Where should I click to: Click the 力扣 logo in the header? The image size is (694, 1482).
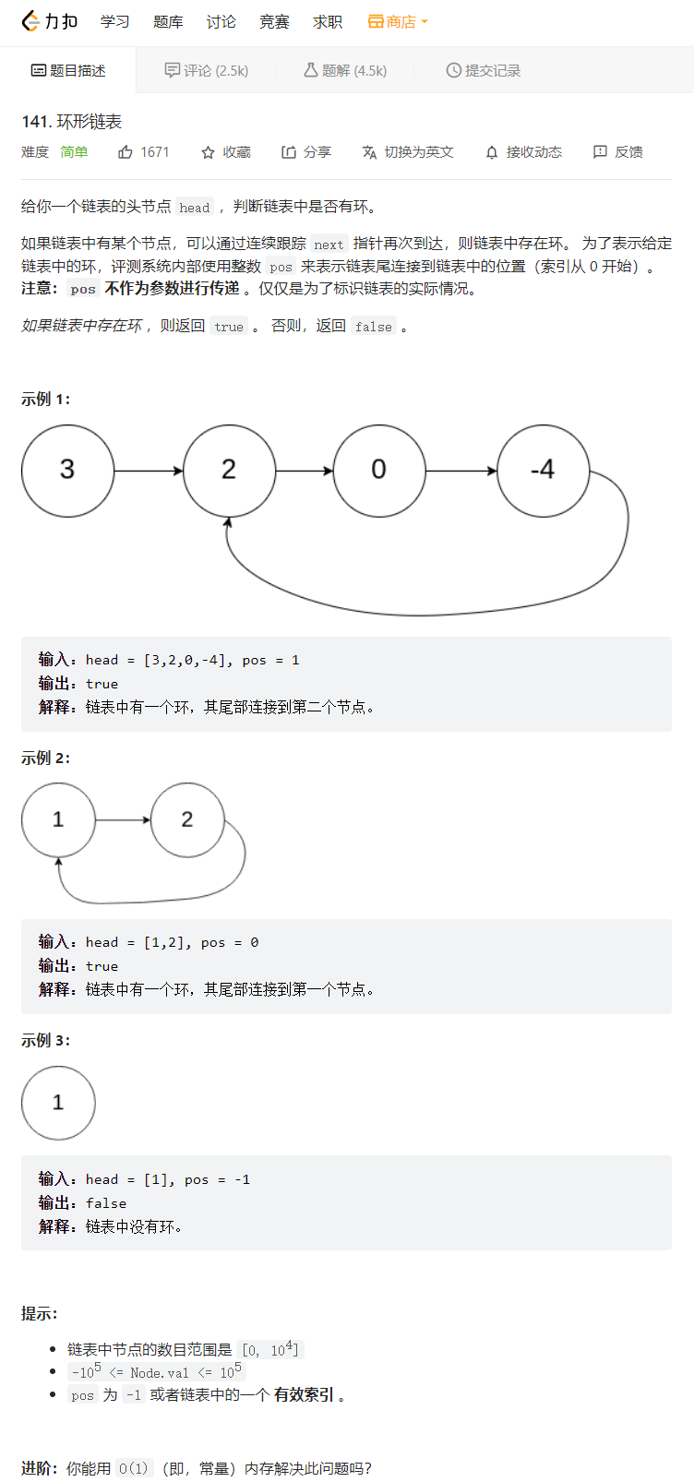(x=49, y=21)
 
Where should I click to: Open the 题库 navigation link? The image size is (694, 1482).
(x=168, y=22)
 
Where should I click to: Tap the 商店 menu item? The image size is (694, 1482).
(x=398, y=22)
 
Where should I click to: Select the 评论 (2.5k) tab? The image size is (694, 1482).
(x=207, y=70)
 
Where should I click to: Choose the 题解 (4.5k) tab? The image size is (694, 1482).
(x=345, y=70)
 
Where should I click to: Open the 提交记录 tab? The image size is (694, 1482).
(x=484, y=70)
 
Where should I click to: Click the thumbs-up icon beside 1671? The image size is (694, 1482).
(x=126, y=152)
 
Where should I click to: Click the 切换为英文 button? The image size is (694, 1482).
(x=408, y=152)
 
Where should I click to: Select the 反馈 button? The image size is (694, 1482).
(x=618, y=152)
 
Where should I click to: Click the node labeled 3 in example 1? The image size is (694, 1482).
(x=67, y=471)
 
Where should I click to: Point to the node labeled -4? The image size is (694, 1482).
(x=543, y=471)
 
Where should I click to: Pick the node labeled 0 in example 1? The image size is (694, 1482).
(x=379, y=471)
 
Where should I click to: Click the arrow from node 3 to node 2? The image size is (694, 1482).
(x=149, y=472)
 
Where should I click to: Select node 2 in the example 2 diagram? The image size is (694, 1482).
(x=187, y=819)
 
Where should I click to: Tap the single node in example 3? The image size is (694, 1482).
(x=58, y=1103)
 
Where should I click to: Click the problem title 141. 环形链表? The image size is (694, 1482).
(x=72, y=122)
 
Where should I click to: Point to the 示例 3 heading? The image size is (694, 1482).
(x=45, y=1040)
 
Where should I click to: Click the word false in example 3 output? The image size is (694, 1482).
(x=106, y=1203)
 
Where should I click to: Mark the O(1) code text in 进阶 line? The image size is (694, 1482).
(x=134, y=1468)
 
